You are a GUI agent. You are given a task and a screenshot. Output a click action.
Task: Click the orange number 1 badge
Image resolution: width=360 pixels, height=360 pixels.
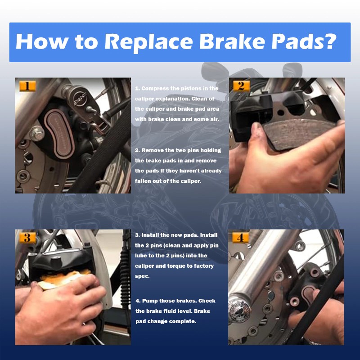27,86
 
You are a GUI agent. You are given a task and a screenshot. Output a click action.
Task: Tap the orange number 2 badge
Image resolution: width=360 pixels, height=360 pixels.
241,86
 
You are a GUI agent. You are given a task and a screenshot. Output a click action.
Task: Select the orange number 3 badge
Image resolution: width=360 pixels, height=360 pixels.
27,238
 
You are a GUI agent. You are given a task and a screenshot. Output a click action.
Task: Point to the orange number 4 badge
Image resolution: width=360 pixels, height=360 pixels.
240,238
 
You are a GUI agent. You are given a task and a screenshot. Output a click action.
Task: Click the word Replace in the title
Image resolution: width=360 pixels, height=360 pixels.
148,42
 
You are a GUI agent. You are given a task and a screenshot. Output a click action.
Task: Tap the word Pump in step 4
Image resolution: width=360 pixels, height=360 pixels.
150,301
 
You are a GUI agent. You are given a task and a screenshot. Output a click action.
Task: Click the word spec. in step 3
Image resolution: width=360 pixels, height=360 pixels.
142,276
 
